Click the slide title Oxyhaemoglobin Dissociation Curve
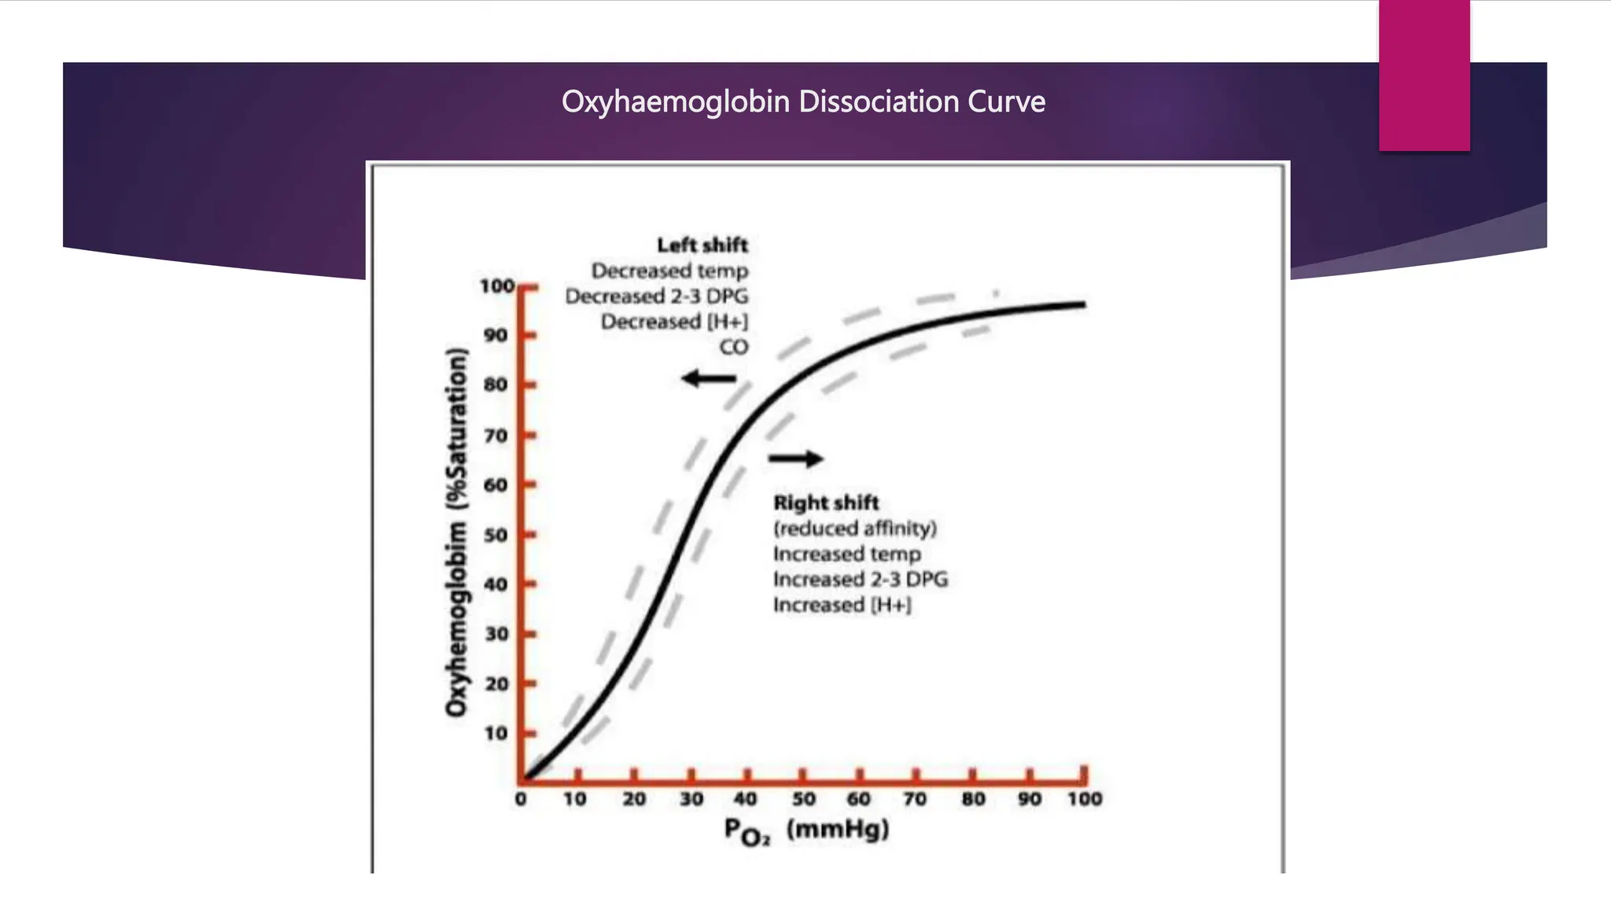(803, 101)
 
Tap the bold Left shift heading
(702, 245)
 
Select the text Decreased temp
(669, 271)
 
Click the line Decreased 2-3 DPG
(657, 296)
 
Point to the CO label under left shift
(733, 347)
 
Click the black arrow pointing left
(708, 379)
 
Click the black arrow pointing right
(796, 459)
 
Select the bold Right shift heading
(826, 503)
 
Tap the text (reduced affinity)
(855, 528)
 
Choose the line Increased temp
(846, 554)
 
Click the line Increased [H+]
(842, 605)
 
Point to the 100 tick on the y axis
(497, 286)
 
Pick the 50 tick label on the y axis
(496, 535)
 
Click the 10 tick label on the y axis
(496, 733)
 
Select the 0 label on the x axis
(521, 799)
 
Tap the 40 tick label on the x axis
(745, 799)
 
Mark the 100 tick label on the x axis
(1085, 799)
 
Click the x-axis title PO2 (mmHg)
(806, 830)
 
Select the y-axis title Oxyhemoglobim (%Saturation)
(457, 533)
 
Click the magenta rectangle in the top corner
(1424, 75)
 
